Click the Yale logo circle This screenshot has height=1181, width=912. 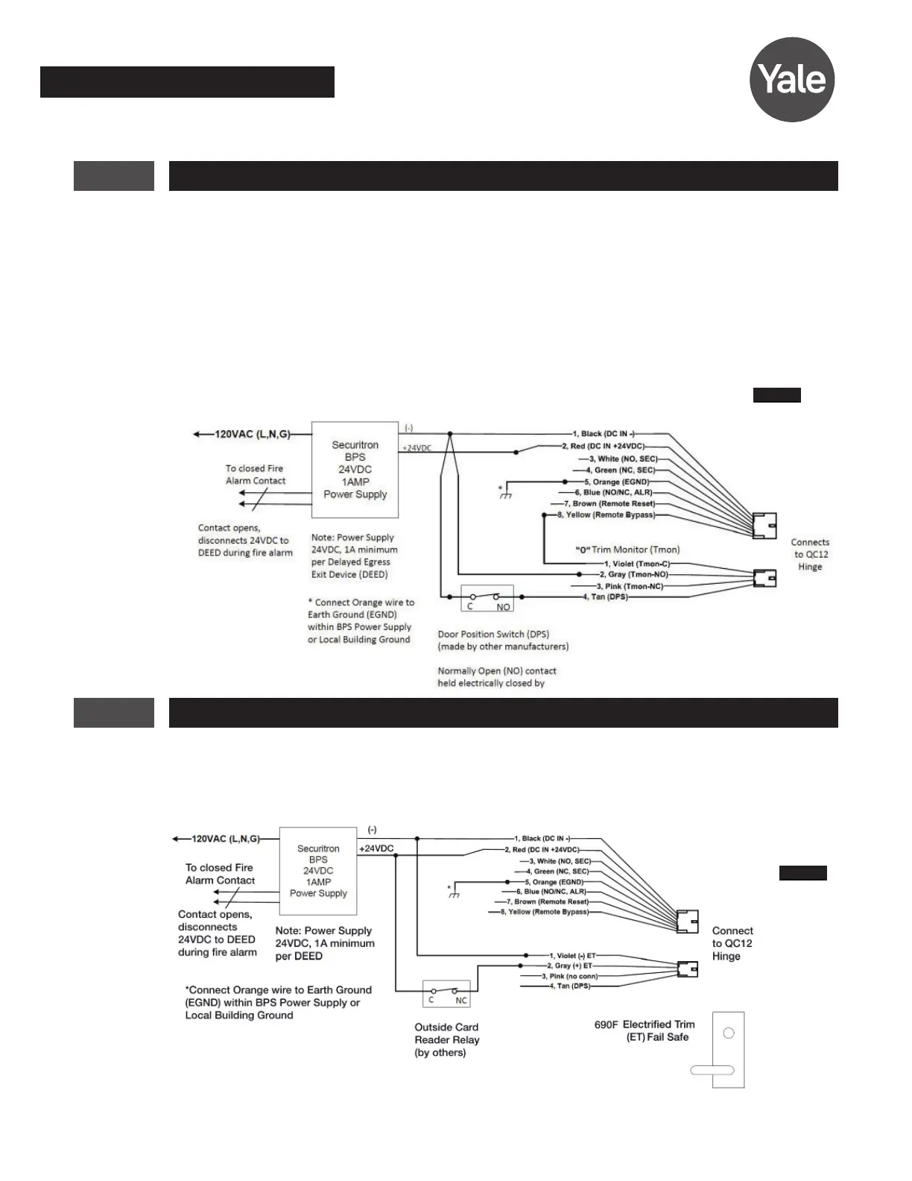[x=791, y=80]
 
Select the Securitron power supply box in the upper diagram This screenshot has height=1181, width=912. [x=355, y=470]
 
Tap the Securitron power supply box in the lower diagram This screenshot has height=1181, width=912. [x=318, y=871]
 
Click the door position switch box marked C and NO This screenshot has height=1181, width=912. [x=487, y=599]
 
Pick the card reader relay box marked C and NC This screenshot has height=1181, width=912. [x=446, y=993]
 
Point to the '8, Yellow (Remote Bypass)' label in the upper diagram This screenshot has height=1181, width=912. [x=606, y=515]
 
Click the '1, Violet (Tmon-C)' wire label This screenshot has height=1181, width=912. [x=636, y=564]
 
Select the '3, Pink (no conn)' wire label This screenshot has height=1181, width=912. [x=569, y=976]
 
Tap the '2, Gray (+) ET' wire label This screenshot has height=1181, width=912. [x=569, y=966]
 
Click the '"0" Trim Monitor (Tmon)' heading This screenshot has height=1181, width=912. [x=627, y=549]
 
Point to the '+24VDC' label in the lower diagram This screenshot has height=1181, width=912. [x=376, y=848]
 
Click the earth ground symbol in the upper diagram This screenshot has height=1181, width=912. [x=506, y=494]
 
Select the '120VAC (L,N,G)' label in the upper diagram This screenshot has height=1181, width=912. [x=252, y=434]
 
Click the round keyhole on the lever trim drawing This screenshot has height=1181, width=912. [x=729, y=1033]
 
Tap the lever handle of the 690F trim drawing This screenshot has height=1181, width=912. [x=712, y=1071]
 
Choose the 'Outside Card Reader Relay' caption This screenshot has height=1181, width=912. [x=447, y=1039]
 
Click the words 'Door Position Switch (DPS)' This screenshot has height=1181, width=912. [x=493, y=634]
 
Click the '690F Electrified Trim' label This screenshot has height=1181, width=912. [x=645, y=1024]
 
